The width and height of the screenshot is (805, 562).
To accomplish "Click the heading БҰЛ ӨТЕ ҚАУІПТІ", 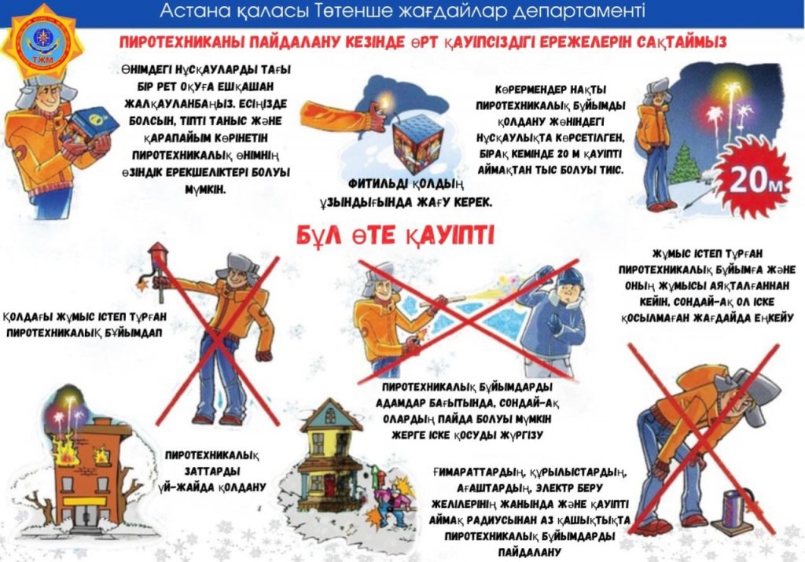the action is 396,236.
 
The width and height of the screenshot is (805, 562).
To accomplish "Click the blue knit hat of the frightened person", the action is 570,277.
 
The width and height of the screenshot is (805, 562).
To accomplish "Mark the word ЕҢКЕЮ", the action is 774,318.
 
